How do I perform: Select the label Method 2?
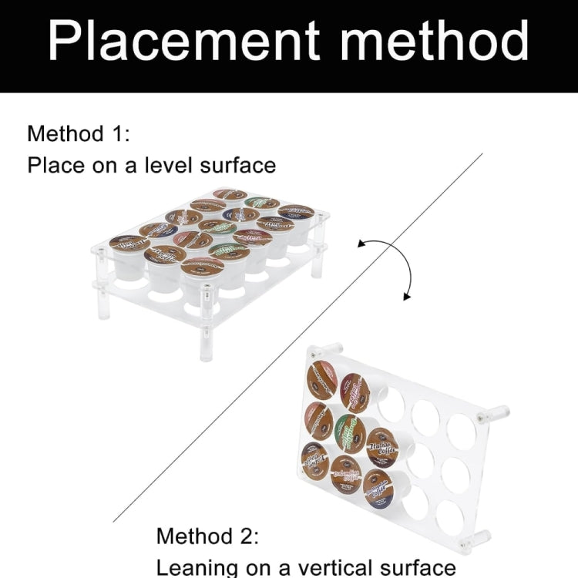click(x=207, y=535)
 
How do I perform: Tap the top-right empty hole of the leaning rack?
click(x=461, y=428)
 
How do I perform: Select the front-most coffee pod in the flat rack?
click(x=202, y=267)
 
